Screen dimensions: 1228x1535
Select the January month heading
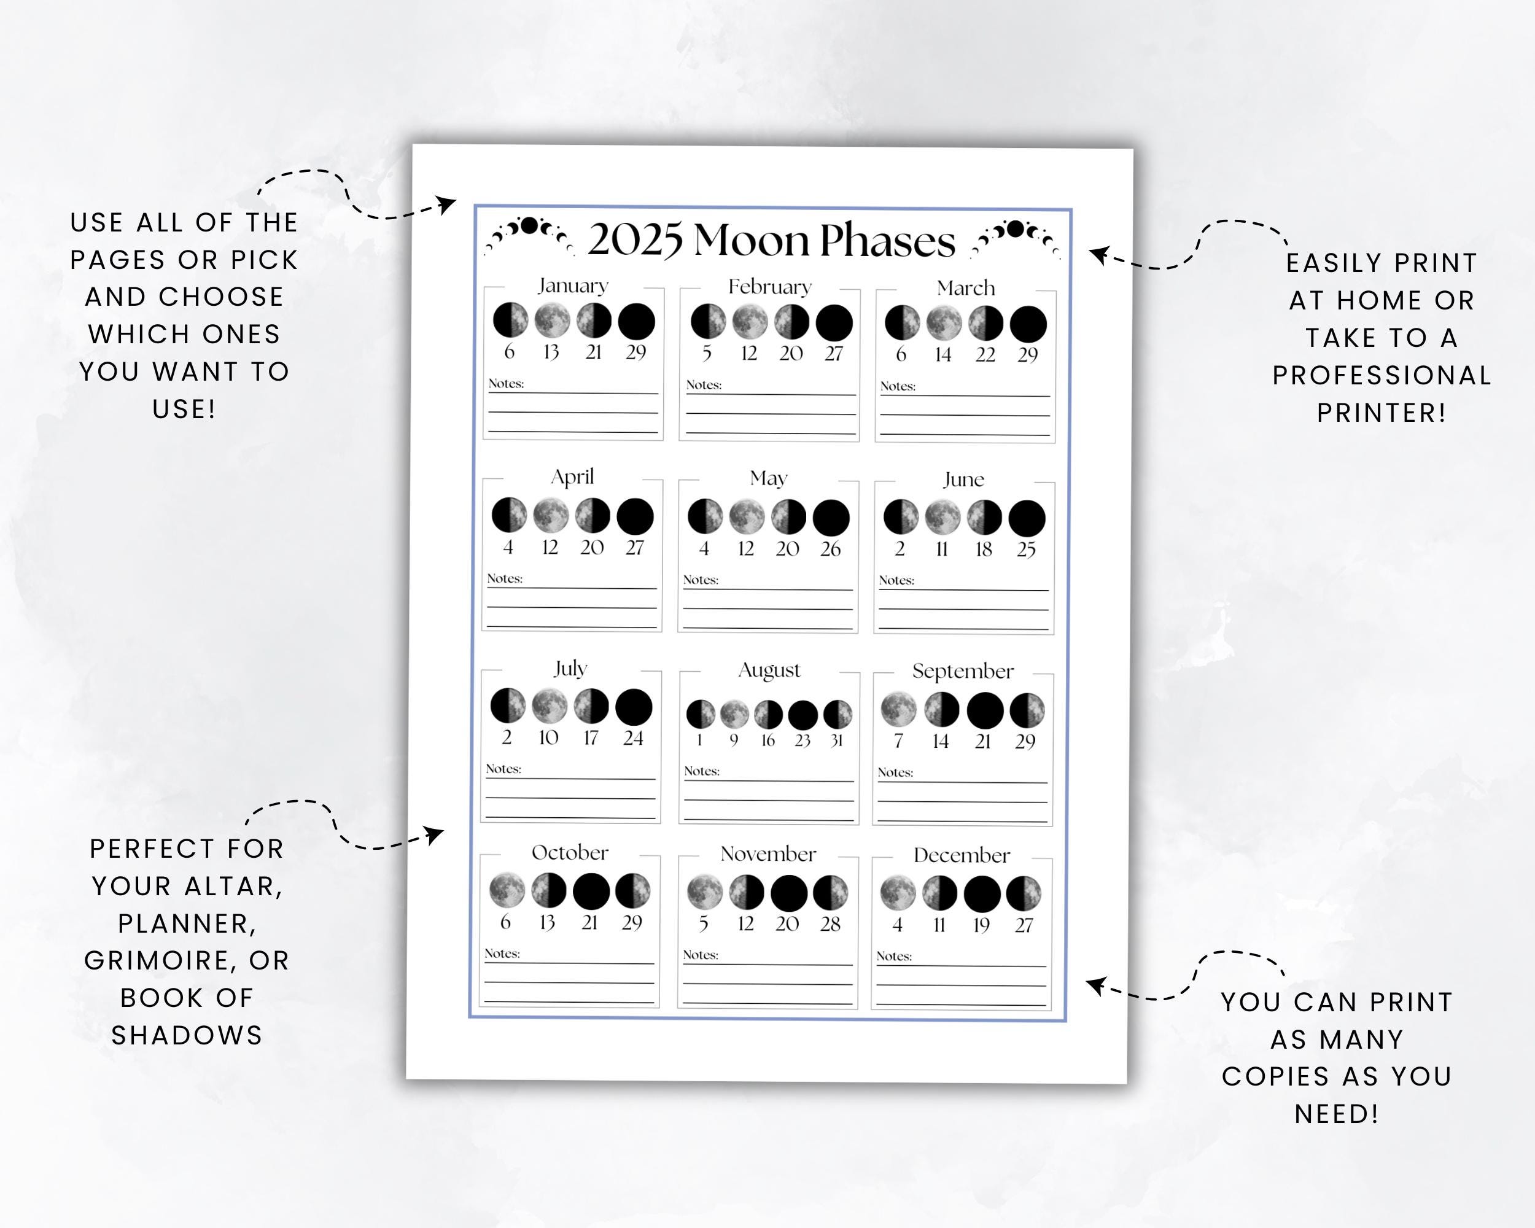pos(573,286)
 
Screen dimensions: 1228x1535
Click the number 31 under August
pos(836,740)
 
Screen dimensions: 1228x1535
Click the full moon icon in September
pos(898,709)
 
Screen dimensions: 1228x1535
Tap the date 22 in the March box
pos(985,354)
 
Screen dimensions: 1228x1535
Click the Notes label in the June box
pos(896,580)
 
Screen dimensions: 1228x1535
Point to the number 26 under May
pos(830,549)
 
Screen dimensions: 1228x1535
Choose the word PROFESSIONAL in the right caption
pos(1381,375)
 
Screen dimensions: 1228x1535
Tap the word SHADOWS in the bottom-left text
pos(187,1035)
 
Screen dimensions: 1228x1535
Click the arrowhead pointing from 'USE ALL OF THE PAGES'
pos(447,204)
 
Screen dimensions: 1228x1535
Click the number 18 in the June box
pos(983,550)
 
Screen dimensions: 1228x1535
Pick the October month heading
pos(570,852)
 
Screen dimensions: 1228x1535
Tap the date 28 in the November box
pos(830,924)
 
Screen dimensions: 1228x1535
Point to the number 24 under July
pos(633,738)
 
